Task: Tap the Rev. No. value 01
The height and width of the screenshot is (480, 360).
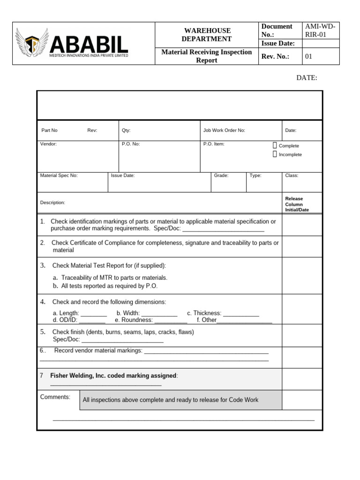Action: (308, 57)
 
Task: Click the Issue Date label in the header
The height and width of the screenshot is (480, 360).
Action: (278, 44)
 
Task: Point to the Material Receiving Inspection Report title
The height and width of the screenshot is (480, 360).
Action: (207, 56)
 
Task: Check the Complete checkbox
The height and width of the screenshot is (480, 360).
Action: (275, 146)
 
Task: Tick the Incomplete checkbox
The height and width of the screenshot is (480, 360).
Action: (275, 154)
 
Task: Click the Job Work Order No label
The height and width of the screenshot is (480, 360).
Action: (224, 131)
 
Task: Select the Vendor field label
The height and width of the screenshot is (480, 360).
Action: (48, 144)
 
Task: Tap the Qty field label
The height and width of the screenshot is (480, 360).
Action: (126, 131)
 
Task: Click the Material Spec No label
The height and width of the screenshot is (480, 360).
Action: (59, 175)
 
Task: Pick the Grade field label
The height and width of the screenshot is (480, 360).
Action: (221, 175)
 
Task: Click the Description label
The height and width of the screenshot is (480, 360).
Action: (52, 202)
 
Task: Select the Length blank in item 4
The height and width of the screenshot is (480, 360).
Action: (94, 314)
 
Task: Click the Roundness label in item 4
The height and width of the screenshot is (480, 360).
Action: (136, 320)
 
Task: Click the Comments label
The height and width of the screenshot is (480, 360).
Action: (55, 397)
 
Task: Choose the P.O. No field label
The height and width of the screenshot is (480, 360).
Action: (131, 144)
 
